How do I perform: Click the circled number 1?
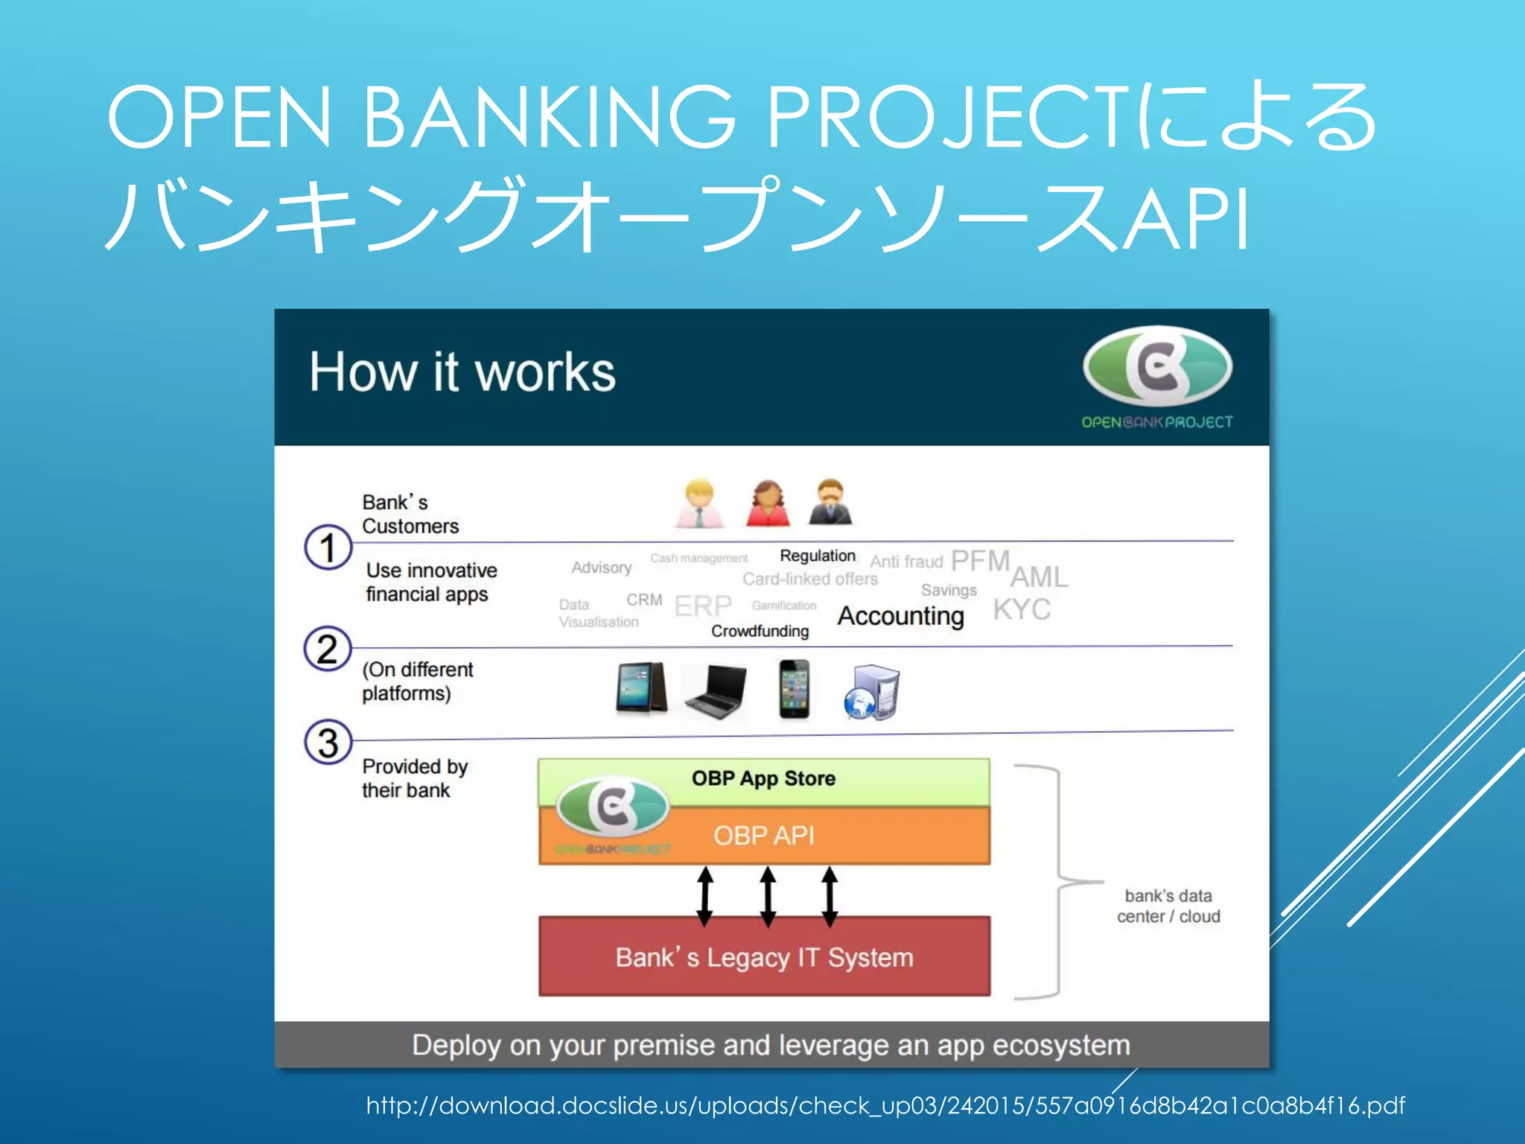click(x=328, y=547)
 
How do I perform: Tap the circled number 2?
click(x=328, y=649)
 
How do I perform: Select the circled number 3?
click(x=328, y=743)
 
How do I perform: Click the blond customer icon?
click(x=698, y=503)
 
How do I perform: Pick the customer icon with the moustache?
click(x=830, y=503)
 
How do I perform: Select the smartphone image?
click(x=794, y=689)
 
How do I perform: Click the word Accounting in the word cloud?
click(x=900, y=616)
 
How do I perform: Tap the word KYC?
click(x=1022, y=609)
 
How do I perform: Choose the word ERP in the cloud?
click(x=703, y=606)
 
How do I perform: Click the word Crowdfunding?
click(x=760, y=632)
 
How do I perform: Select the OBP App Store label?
click(x=763, y=778)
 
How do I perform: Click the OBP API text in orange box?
click(x=763, y=836)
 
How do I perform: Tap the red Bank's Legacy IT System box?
click(x=764, y=957)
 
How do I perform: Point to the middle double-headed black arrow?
click(x=768, y=896)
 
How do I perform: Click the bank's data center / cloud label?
click(x=1168, y=906)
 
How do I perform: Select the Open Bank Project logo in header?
click(x=1157, y=376)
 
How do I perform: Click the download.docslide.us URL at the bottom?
click(x=885, y=1105)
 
